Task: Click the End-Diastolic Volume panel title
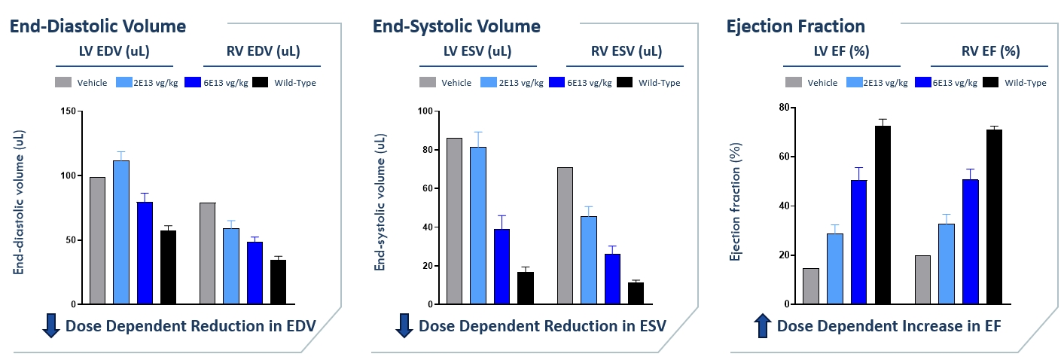97,26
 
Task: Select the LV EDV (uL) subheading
115,52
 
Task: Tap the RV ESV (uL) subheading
625,52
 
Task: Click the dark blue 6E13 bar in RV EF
971,241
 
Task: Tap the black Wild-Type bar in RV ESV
636,293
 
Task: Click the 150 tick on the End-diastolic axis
71,111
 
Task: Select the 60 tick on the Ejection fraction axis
784,157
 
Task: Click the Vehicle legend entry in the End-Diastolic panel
92,83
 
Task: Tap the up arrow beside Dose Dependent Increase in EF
762,326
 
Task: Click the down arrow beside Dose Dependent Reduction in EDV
51,326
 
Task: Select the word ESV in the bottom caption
650,326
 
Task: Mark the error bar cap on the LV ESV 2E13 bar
477,132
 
